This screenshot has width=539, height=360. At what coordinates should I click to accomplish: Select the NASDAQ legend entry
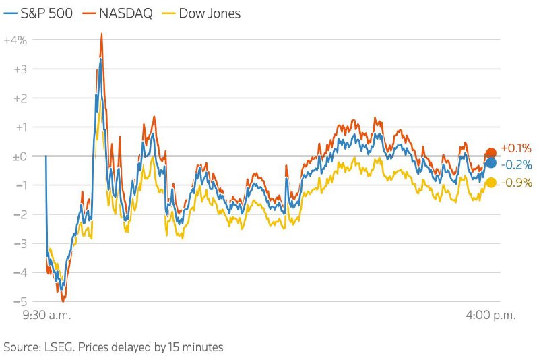[120, 13]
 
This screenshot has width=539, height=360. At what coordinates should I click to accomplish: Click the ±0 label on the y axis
[18, 156]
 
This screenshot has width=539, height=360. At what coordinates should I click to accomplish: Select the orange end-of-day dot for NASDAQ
[491, 153]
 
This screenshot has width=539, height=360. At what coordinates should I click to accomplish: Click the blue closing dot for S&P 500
[491, 163]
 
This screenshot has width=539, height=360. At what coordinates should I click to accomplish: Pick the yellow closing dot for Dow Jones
[491, 183]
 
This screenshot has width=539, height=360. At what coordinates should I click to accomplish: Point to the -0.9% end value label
[517, 183]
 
